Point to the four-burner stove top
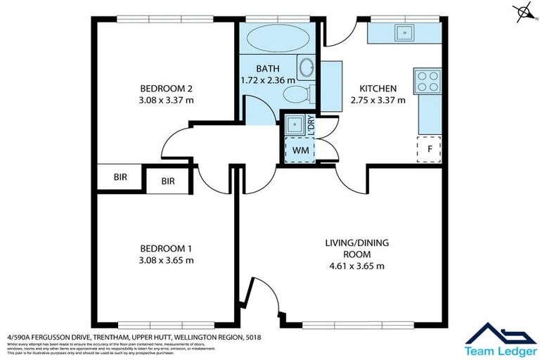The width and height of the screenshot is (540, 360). click(427, 82)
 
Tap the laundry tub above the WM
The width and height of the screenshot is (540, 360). click(295, 124)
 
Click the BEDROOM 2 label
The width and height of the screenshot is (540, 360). click(166, 89)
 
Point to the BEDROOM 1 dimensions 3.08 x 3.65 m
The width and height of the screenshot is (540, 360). click(166, 260)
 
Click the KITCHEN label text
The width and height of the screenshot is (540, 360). click(378, 89)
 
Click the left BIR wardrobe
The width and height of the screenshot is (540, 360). click(120, 177)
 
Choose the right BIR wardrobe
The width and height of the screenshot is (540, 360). click(168, 181)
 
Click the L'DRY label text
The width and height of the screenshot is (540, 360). click(311, 124)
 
